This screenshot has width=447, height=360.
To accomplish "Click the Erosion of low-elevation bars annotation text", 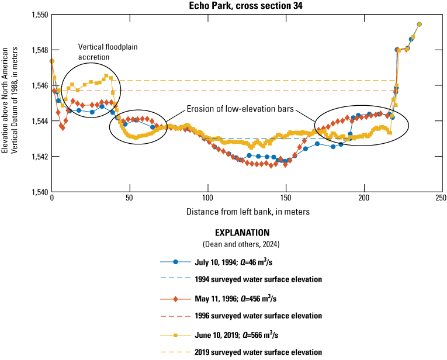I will (240, 109).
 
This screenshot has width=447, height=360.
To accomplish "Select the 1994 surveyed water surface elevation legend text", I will (258, 279).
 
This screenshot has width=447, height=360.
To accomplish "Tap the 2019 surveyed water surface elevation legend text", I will (258, 352).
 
